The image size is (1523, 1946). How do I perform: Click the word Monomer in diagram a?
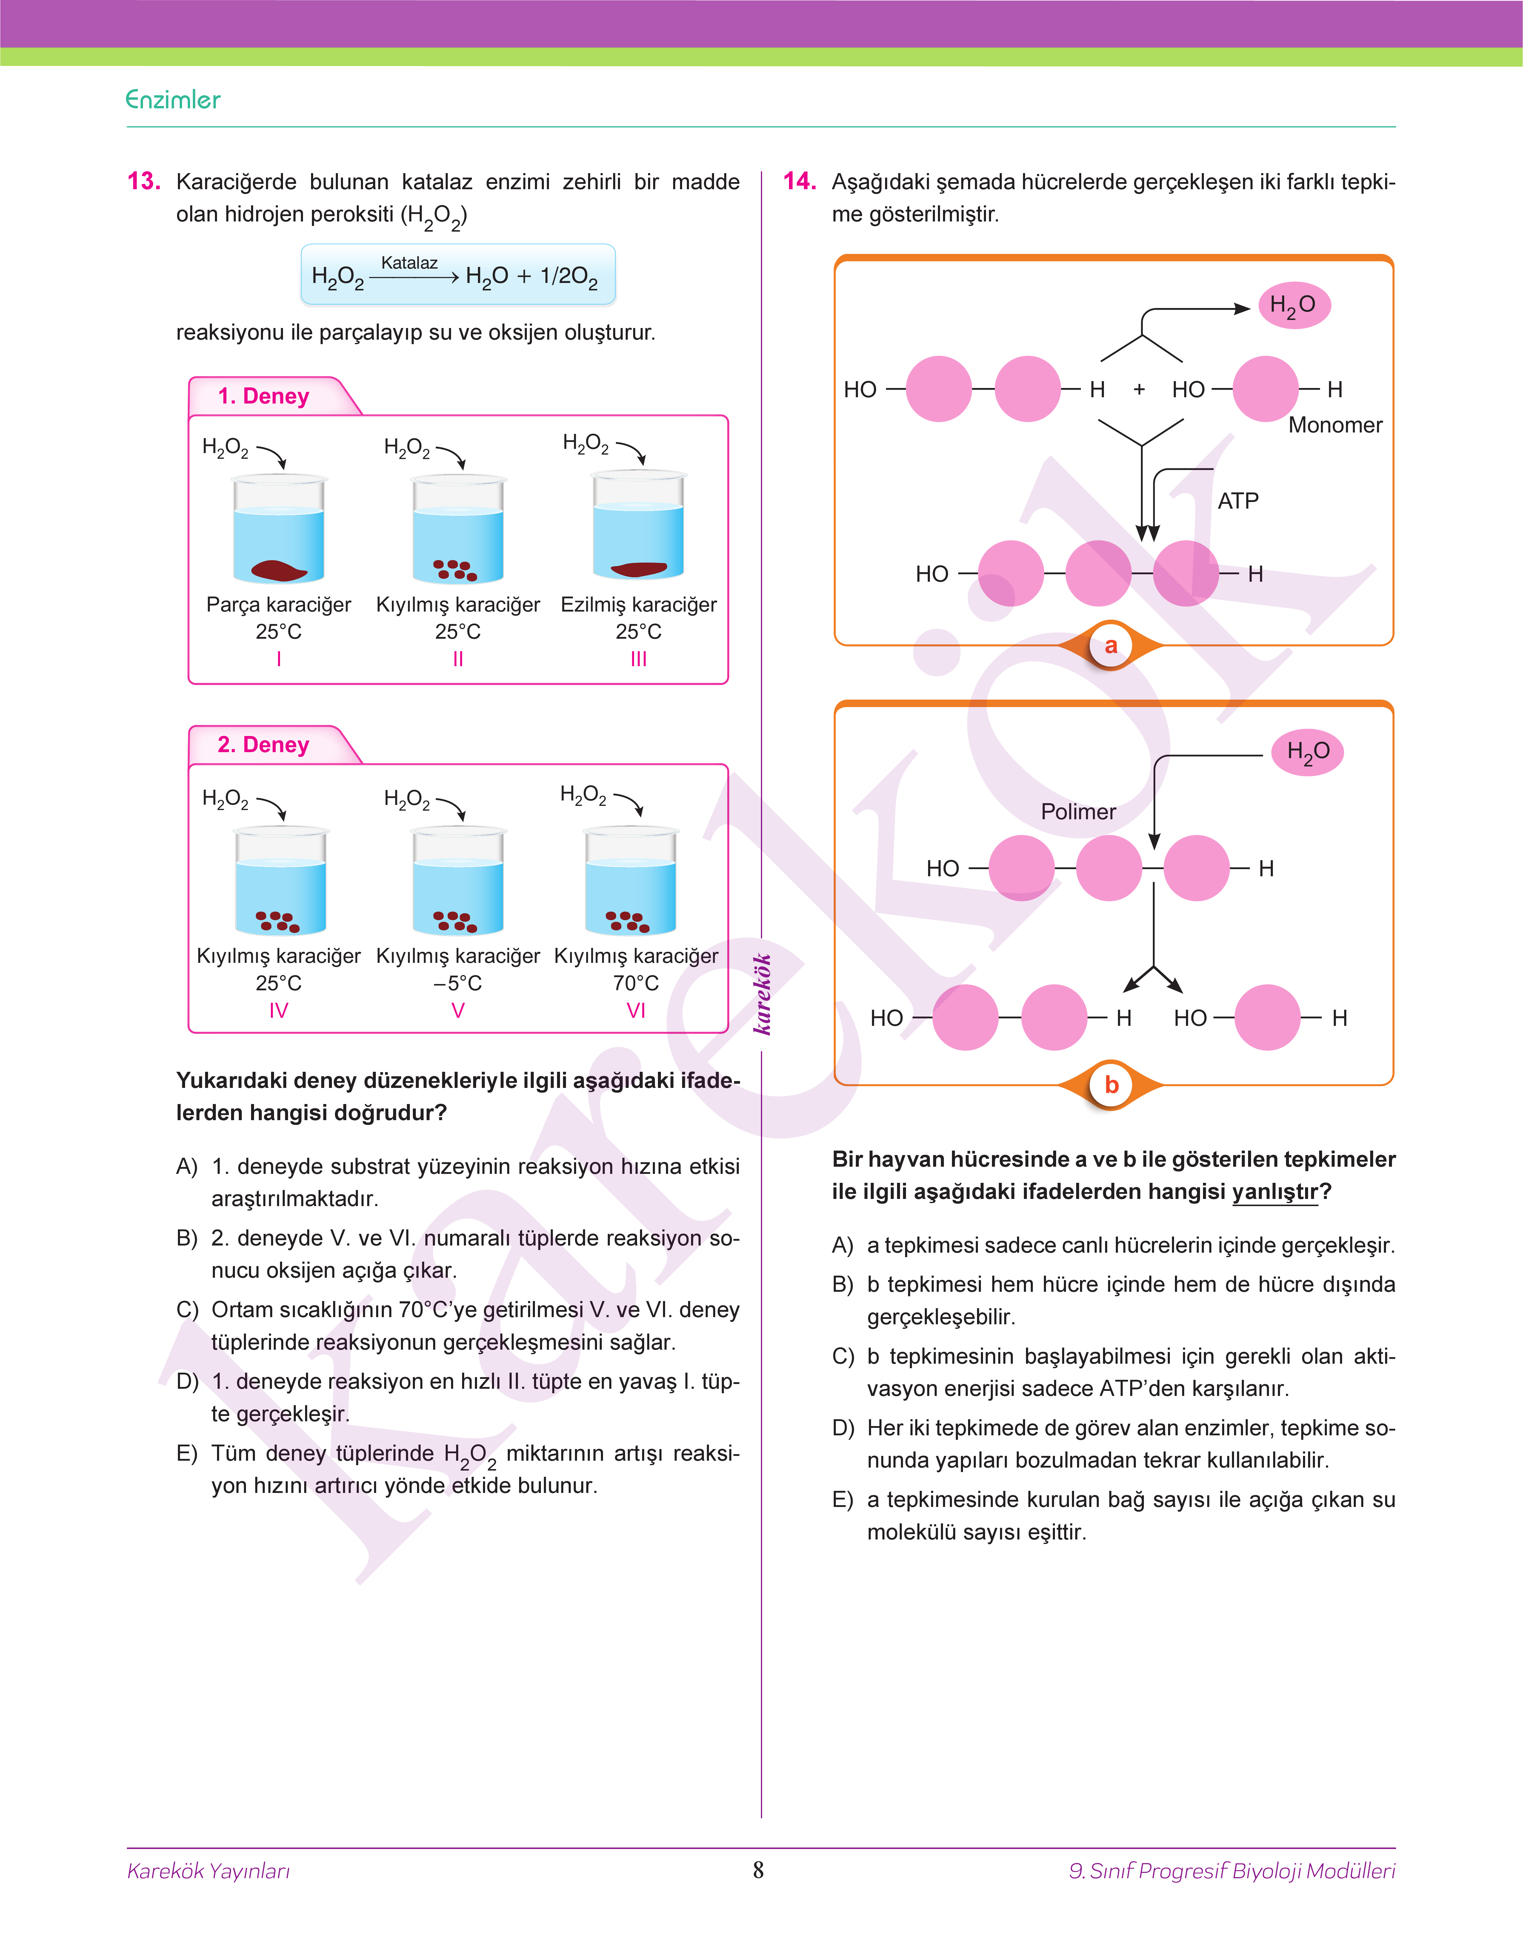coord(1335,425)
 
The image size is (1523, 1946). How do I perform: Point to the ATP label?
coord(1238,501)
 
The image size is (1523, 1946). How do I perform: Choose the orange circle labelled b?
coord(1111,1085)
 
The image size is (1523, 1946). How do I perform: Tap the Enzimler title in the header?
coord(173,100)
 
